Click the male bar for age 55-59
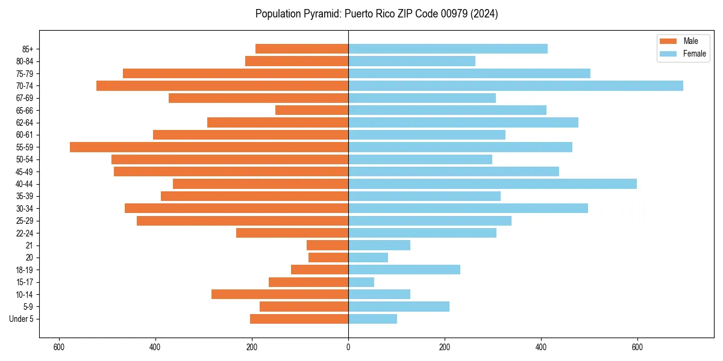click(x=209, y=147)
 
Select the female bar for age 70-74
click(x=516, y=85)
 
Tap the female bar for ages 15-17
click(x=361, y=282)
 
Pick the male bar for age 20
click(x=328, y=258)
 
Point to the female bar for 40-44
click(x=492, y=184)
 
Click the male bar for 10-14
click(x=280, y=294)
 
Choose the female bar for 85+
click(x=448, y=49)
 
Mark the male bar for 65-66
click(x=311, y=110)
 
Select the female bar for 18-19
click(x=404, y=270)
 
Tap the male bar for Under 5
click(x=299, y=319)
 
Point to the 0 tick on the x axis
click(x=348, y=347)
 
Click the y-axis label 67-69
click(x=25, y=98)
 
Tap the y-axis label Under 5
click(x=21, y=319)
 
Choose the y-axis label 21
click(x=30, y=245)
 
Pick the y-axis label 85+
click(x=27, y=49)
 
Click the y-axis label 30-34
click(x=25, y=209)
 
